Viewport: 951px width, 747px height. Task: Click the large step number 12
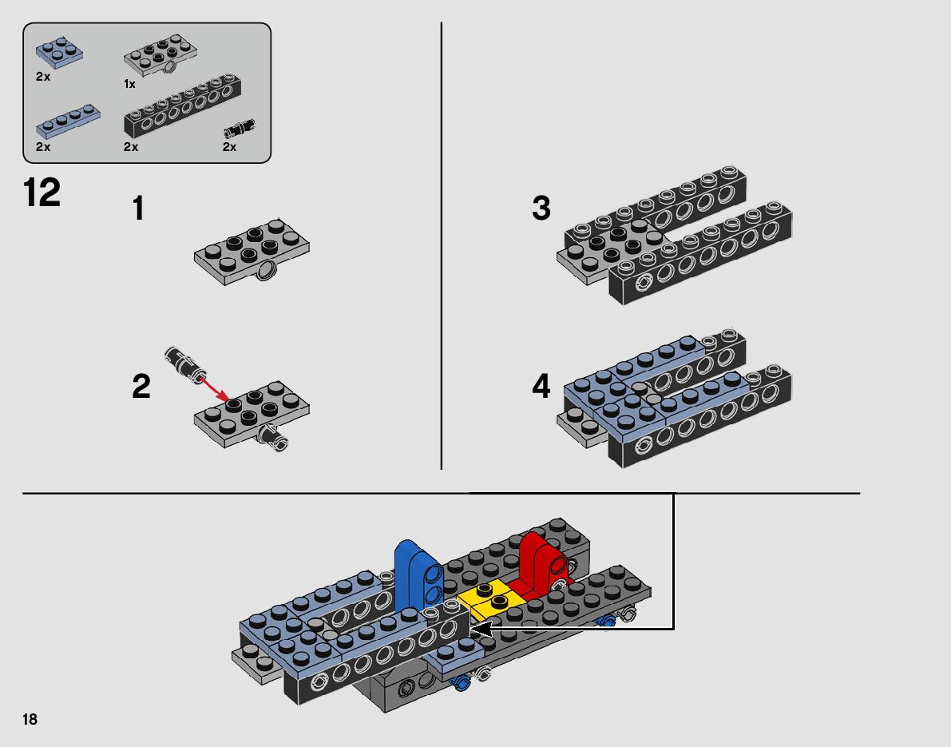click(x=42, y=193)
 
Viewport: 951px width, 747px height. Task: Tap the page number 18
click(x=30, y=719)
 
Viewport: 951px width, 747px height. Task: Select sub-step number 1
click(x=138, y=209)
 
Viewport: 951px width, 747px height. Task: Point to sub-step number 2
click(x=141, y=387)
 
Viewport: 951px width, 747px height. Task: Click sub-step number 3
click(x=541, y=208)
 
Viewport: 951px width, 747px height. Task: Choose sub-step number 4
click(x=541, y=387)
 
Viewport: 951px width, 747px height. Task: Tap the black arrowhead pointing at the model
click(x=481, y=630)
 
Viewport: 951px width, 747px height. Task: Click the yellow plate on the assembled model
click(x=491, y=598)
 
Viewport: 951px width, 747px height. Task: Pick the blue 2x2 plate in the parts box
click(x=59, y=51)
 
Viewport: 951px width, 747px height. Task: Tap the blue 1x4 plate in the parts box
click(x=68, y=121)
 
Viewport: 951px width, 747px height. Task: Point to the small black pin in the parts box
click(x=240, y=129)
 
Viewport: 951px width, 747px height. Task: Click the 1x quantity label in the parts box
click(x=130, y=85)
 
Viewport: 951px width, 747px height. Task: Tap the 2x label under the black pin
click(x=229, y=147)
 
